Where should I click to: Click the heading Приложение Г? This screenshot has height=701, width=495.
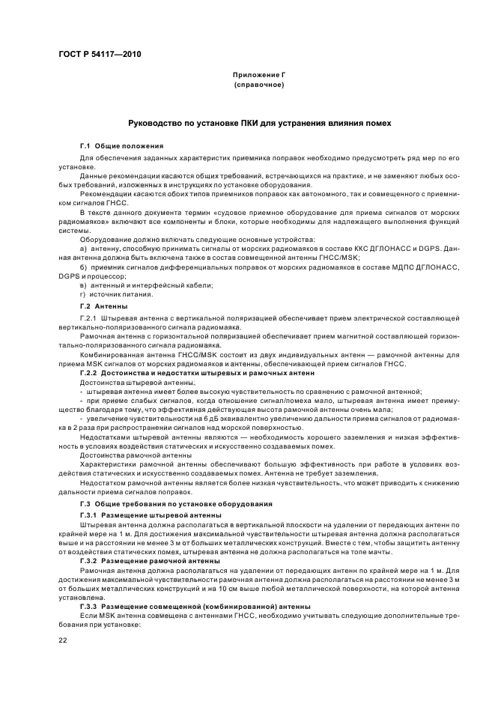(x=258, y=76)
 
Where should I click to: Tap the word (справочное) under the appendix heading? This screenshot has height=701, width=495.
(x=258, y=85)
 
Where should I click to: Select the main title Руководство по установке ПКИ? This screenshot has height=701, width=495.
(x=259, y=122)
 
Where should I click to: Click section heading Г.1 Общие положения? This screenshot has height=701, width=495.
(x=121, y=145)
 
